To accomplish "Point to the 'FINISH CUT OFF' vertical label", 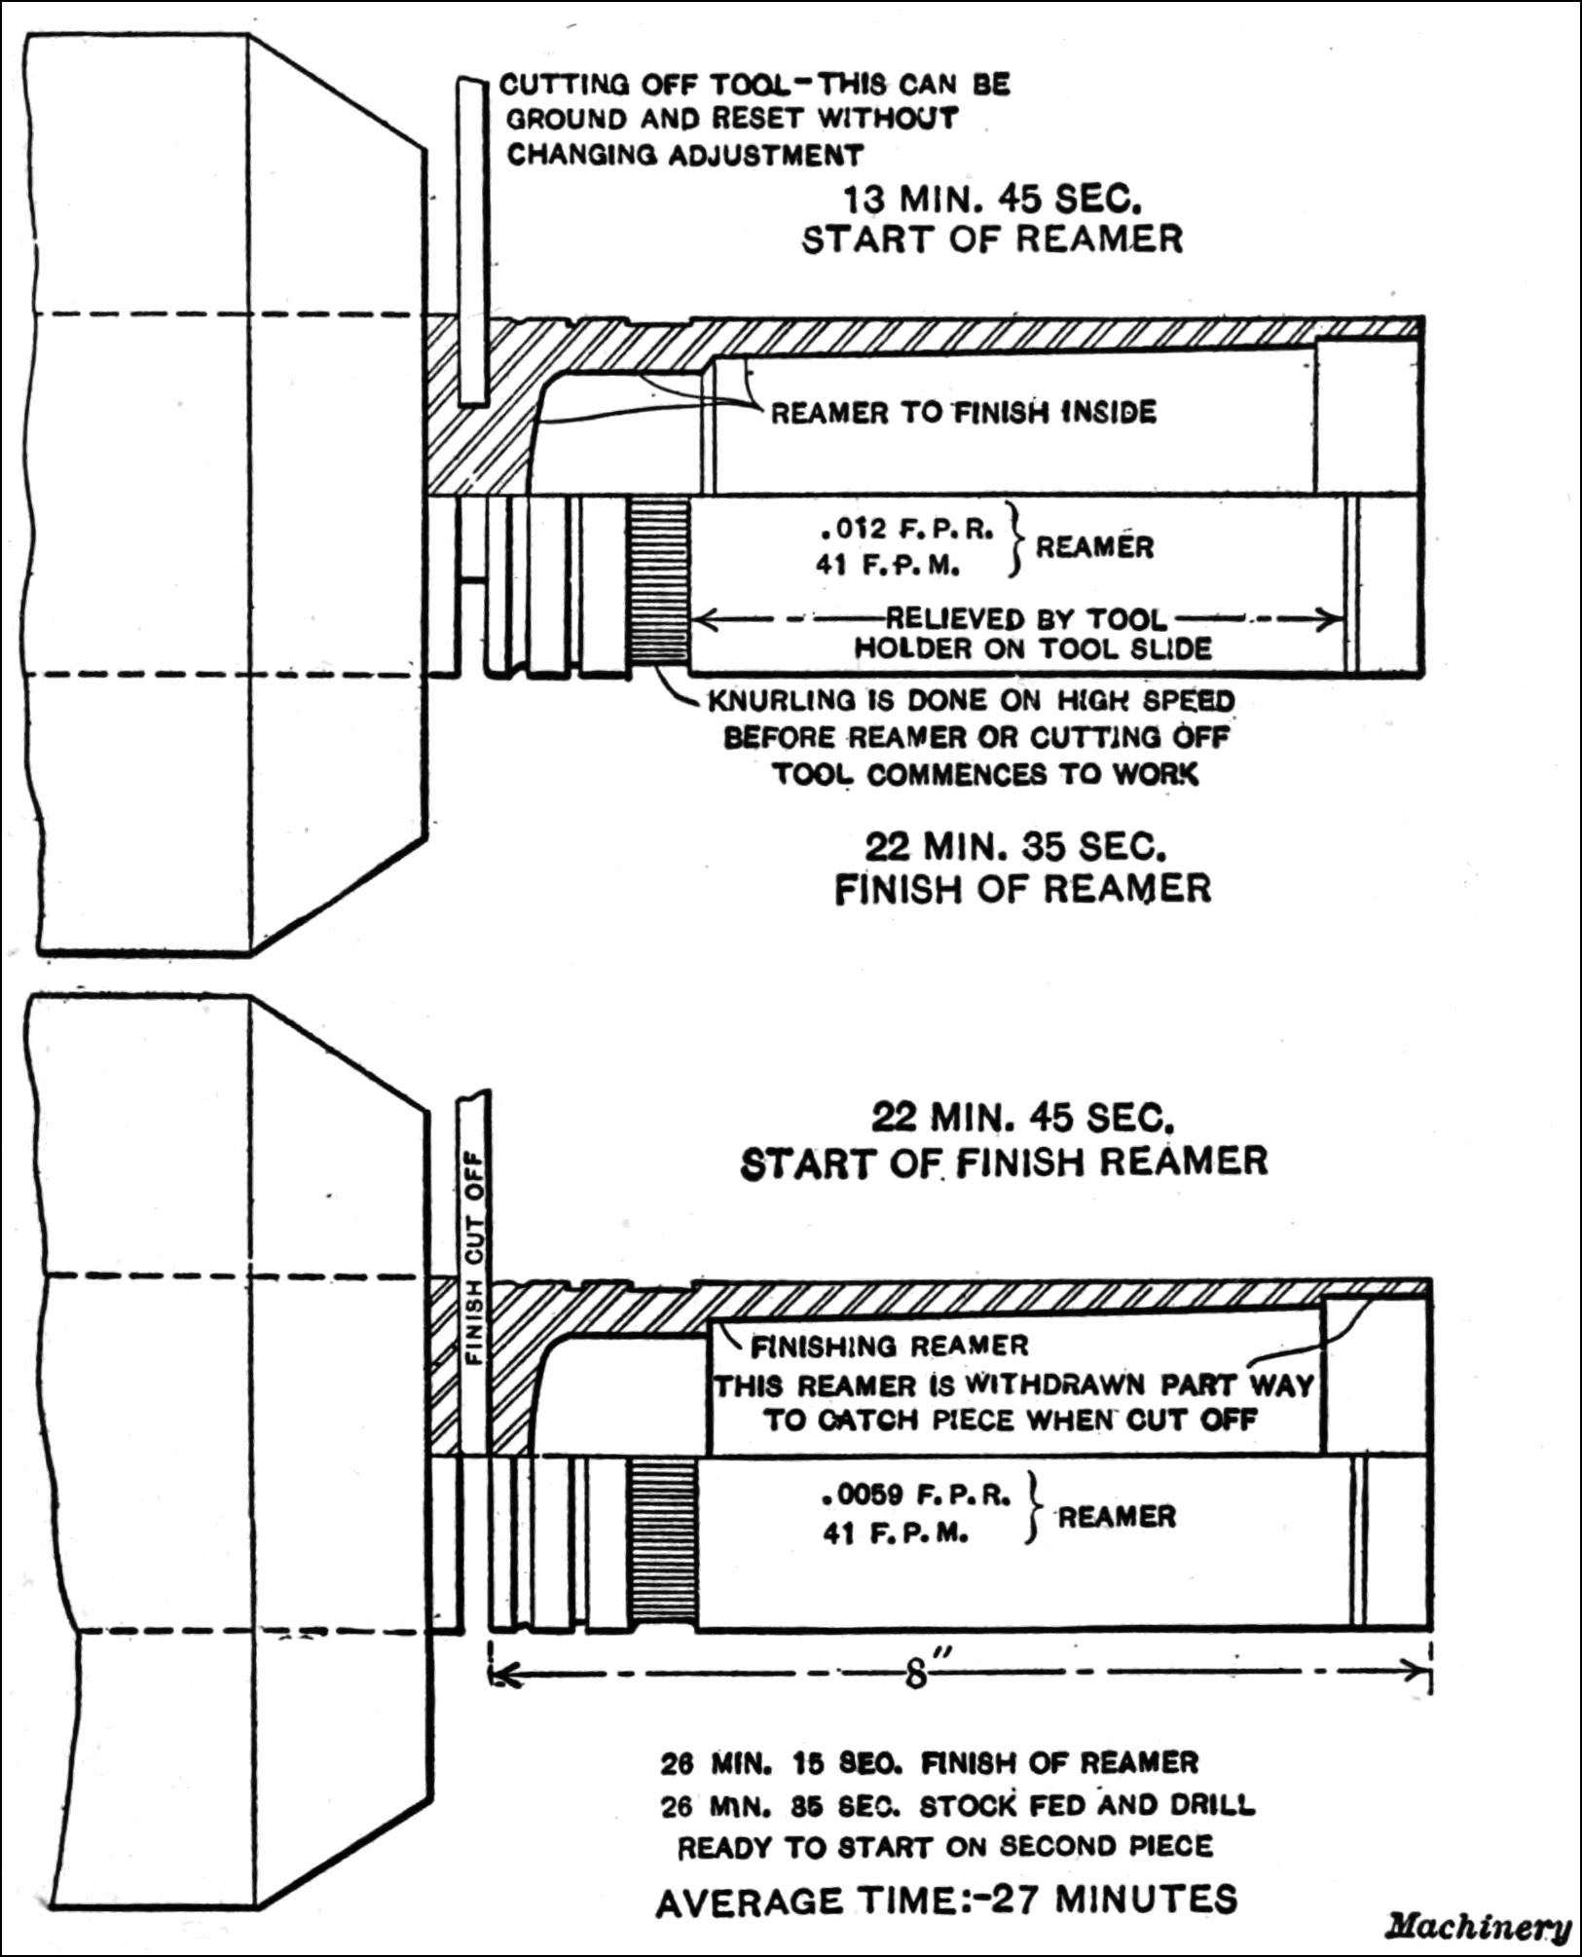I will [x=474, y=1257].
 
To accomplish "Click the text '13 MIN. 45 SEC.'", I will [x=991, y=201].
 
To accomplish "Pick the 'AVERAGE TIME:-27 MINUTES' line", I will [x=946, y=1901].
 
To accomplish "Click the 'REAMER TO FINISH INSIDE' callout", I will [x=964, y=413].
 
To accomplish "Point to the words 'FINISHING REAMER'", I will [x=890, y=1347].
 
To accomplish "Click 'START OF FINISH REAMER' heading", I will [x=1004, y=1163].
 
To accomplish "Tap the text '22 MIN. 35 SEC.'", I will [x=1015, y=848].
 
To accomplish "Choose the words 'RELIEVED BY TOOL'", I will [x=1025, y=619].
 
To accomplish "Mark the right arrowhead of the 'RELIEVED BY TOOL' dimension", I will [x=1335, y=619].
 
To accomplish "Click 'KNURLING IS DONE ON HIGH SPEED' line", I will [x=971, y=701].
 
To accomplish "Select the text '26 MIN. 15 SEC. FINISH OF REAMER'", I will [x=930, y=1763].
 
